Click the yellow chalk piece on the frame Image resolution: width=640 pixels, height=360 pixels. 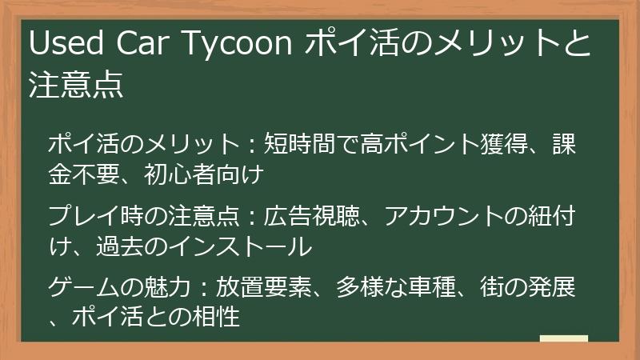coord(563,340)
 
